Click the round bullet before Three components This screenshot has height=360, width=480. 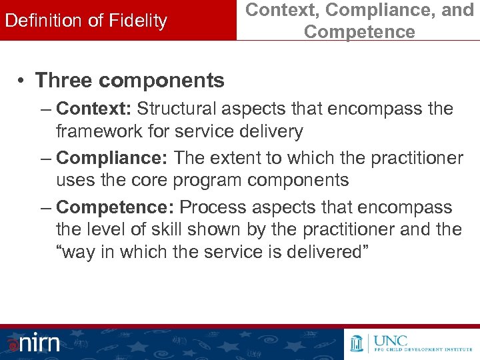22,81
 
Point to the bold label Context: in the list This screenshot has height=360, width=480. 94,109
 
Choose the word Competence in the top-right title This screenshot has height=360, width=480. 359,31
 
